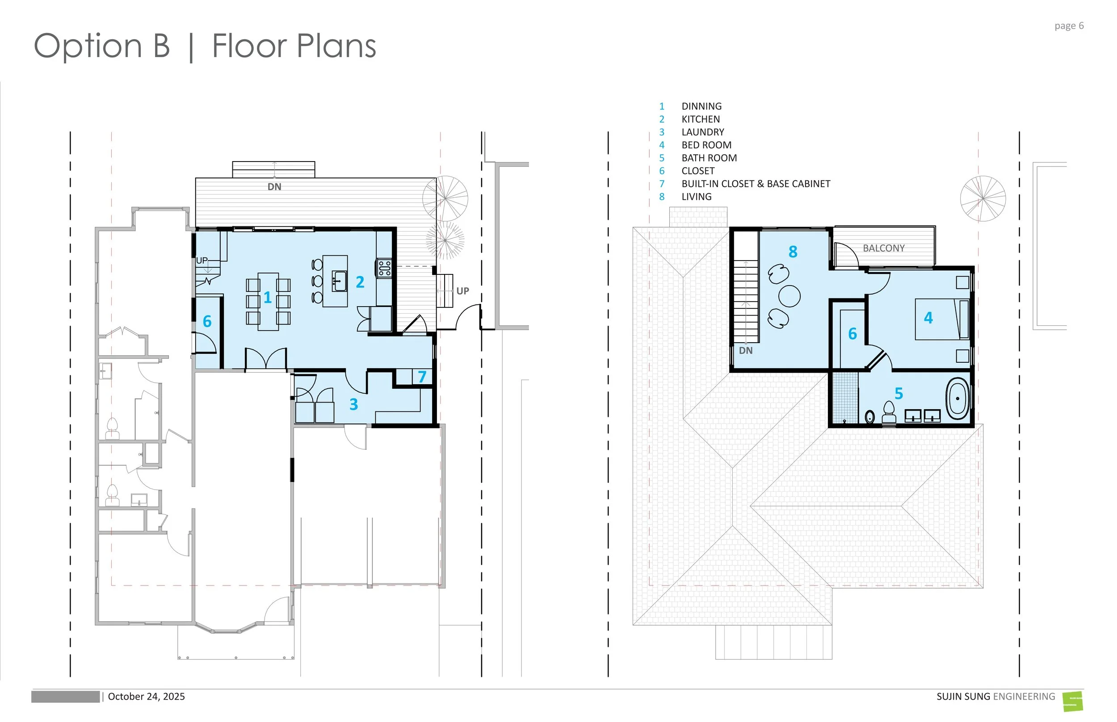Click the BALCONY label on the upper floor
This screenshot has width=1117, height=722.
[884, 248]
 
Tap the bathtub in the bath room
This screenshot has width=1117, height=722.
[957, 399]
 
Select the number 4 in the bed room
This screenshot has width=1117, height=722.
[928, 318]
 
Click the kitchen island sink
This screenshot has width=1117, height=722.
[339, 281]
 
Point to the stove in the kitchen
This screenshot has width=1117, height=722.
[384, 269]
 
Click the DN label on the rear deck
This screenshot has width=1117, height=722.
[274, 187]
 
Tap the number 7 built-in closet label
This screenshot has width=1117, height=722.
[422, 377]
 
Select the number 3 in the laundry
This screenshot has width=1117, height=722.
[354, 404]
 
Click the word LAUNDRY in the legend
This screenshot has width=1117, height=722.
[702, 132]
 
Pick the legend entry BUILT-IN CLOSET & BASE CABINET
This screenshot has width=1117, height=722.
[756, 184]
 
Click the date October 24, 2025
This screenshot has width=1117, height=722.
[147, 697]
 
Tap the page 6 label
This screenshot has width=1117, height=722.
[1069, 26]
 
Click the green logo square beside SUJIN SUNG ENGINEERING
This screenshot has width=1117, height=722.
[1073, 701]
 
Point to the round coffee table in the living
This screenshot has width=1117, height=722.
[789, 296]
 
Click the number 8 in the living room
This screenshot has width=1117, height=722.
[793, 252]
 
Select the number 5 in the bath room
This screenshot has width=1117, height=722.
[899, 393]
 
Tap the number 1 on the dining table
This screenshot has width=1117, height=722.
[268, 297]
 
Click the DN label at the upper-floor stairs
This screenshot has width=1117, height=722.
[746, 350]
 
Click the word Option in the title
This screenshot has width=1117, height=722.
[88, 47]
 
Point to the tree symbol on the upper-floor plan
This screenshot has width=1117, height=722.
[983, 199]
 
